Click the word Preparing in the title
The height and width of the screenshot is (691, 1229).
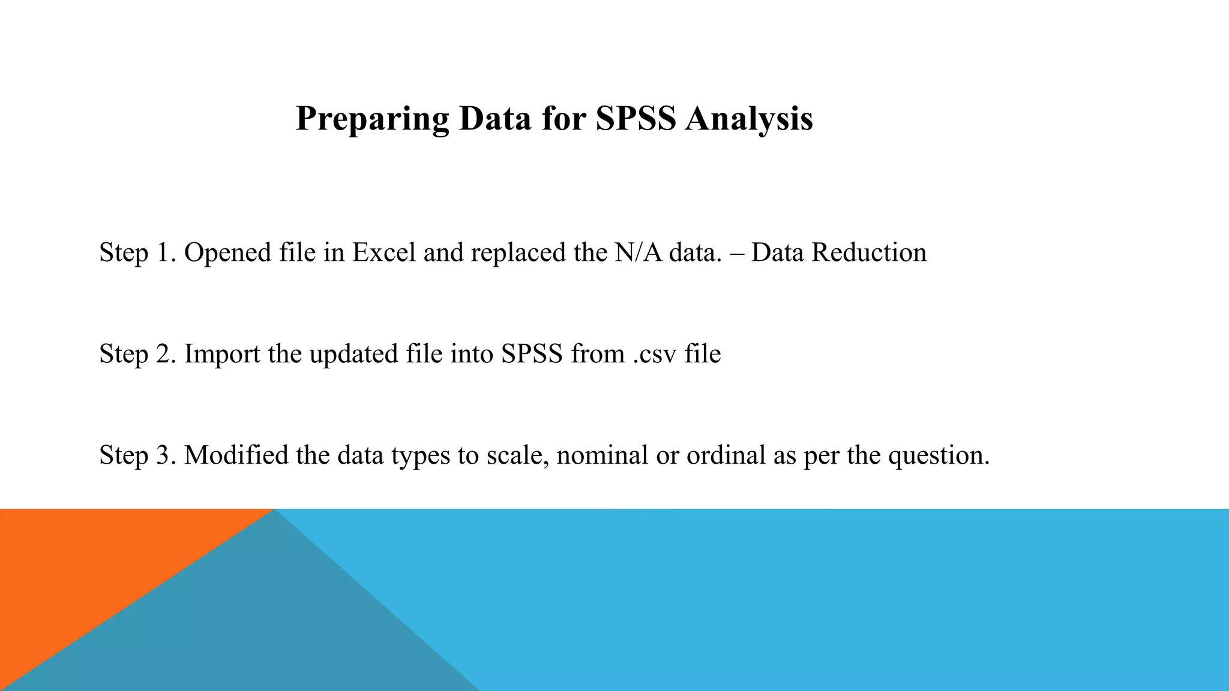(373, 119)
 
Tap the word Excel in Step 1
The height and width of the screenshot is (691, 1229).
(384, 252)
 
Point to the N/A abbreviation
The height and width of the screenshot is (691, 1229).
(638, 252)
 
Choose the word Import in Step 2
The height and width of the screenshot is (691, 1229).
(222, 354)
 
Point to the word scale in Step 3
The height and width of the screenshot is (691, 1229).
(517, 455)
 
